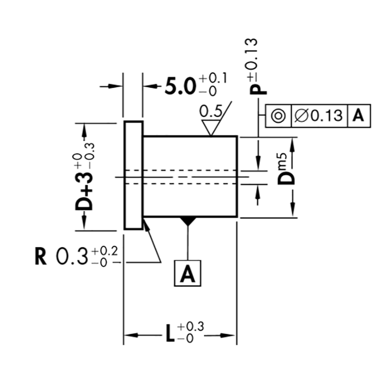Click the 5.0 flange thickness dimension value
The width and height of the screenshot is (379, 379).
(180, 86)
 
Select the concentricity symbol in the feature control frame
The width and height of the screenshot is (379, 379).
(278, 116)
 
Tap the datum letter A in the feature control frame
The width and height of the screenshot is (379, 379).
(358, 116)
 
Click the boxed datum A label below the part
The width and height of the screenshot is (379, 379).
(188, 273)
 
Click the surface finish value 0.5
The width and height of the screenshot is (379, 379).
(211, 112)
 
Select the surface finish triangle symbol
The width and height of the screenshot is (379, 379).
(211, 127)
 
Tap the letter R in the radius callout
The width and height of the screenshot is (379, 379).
(41, 256)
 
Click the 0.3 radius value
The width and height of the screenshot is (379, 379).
(72, 256)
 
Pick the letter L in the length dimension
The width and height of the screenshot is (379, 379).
(170, 334)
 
